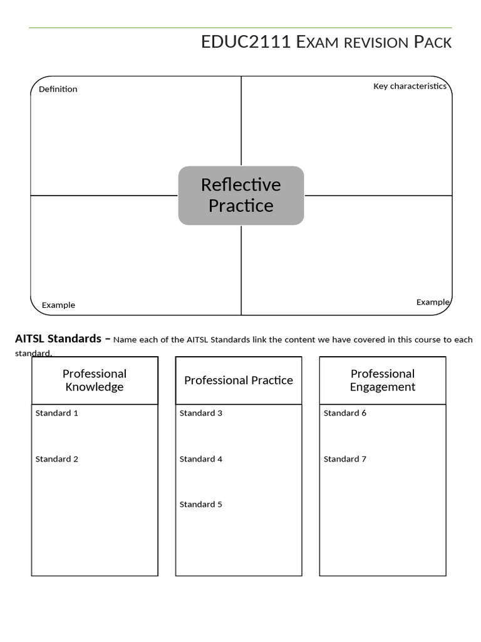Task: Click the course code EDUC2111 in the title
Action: tap(246, 43)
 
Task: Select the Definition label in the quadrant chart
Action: tap(58, 89)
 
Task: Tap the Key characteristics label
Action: tap(410, 86)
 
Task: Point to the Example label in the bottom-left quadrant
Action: tap(58, 305)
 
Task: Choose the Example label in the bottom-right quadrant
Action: tap(433, 302)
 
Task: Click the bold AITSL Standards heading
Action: tap(58, 339)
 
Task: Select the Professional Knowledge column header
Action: tap(95, 381)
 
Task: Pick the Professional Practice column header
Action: tap(239, 381)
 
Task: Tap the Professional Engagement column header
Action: tap(383, 381)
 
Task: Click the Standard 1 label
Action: tap(57, 413)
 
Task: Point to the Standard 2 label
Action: tap(57, 459)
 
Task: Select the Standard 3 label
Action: tap(201, 413)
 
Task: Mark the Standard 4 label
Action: tap(201, 459)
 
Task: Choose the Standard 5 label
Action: tap(201, 504)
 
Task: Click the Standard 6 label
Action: tap(345, 413)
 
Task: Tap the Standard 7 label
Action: tap(345, 459)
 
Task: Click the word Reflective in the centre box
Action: tap(241, 185)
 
